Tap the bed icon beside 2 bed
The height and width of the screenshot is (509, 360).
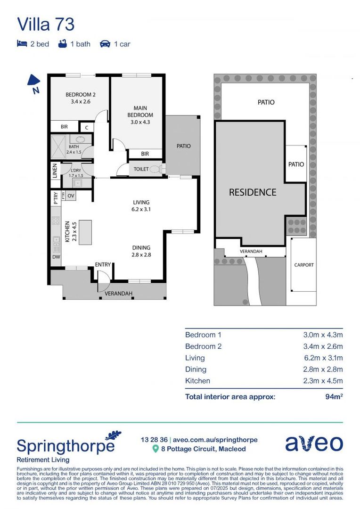(22, 44)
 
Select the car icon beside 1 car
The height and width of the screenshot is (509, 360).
(105, 44)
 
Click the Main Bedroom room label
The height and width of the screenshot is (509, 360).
(140, 112)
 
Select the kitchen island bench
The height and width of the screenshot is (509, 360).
(85, 232)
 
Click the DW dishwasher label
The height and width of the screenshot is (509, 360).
(56, 257)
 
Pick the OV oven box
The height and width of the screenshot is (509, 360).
(71, 196)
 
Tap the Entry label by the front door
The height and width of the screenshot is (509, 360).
(103, 264)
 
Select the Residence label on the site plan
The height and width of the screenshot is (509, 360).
(253, 192)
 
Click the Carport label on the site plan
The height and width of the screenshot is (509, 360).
(304, 265)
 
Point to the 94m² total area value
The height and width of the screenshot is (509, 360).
(334, 396)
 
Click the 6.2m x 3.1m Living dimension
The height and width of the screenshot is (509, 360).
(323, 358)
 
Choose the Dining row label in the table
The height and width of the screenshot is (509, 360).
(196, 369)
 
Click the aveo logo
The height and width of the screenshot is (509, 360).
(314, 443)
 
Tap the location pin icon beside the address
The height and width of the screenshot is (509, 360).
(155, 449)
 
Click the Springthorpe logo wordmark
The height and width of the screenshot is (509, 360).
(65, 446)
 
